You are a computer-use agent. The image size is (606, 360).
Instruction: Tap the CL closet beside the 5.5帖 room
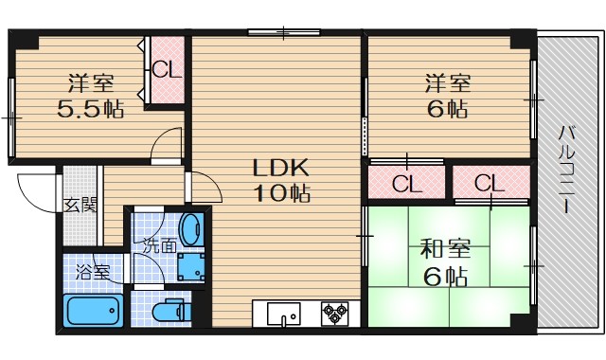[167, 69]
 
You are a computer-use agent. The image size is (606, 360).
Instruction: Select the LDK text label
[280, 168]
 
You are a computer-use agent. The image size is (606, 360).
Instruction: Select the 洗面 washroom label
[160, 244]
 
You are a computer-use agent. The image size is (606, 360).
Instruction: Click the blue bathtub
[92, 310]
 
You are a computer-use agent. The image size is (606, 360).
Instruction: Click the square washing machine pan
[192, 264]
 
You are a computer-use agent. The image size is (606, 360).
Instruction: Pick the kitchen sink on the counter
[283, 312]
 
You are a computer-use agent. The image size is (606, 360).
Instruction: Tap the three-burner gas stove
[336, 311]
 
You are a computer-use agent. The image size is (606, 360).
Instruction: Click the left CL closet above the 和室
[406, 182]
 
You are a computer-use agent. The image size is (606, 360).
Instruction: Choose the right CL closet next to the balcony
[490, 182]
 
